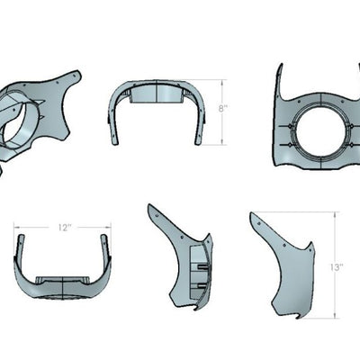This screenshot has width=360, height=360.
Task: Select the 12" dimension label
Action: pyautogui.click(x=64, y=228)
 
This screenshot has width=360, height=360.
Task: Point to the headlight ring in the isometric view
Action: pyautogui.click(x=20, y=122)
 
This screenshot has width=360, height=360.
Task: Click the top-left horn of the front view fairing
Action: pyautogui.click(x=281, y=72)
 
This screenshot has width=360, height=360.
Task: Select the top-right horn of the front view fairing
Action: pyautogui.click(x=351, y=72)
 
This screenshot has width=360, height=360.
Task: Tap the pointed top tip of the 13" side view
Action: pyautogui.click(x=254, y=216)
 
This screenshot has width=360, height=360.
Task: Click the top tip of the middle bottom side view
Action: pyautogui.click(x=151, y=208)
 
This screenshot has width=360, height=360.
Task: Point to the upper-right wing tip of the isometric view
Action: pyautogui.click(x=76, y=76)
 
